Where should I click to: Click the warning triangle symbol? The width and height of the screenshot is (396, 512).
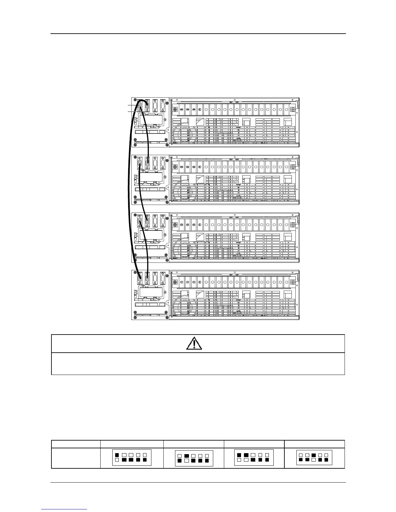coord(194,344)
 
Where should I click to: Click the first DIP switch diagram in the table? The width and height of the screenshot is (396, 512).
coord(132,457)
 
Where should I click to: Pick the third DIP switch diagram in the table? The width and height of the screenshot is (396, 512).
coord(253,457)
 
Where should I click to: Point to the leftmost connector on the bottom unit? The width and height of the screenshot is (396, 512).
coord(140,277)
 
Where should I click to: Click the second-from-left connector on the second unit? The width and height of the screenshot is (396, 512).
coord(147,163)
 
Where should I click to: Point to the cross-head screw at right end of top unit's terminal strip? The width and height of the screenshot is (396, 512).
coord(293,110)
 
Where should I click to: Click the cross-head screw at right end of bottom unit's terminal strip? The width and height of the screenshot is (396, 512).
coord(293,282)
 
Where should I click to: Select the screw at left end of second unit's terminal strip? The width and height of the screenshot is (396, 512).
coord(175,167)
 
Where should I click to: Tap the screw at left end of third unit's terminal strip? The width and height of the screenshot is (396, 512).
coord(175,225)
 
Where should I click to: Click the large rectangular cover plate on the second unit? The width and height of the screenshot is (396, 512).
coord(151,177)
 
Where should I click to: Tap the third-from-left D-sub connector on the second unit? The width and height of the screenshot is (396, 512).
coord(155,163)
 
